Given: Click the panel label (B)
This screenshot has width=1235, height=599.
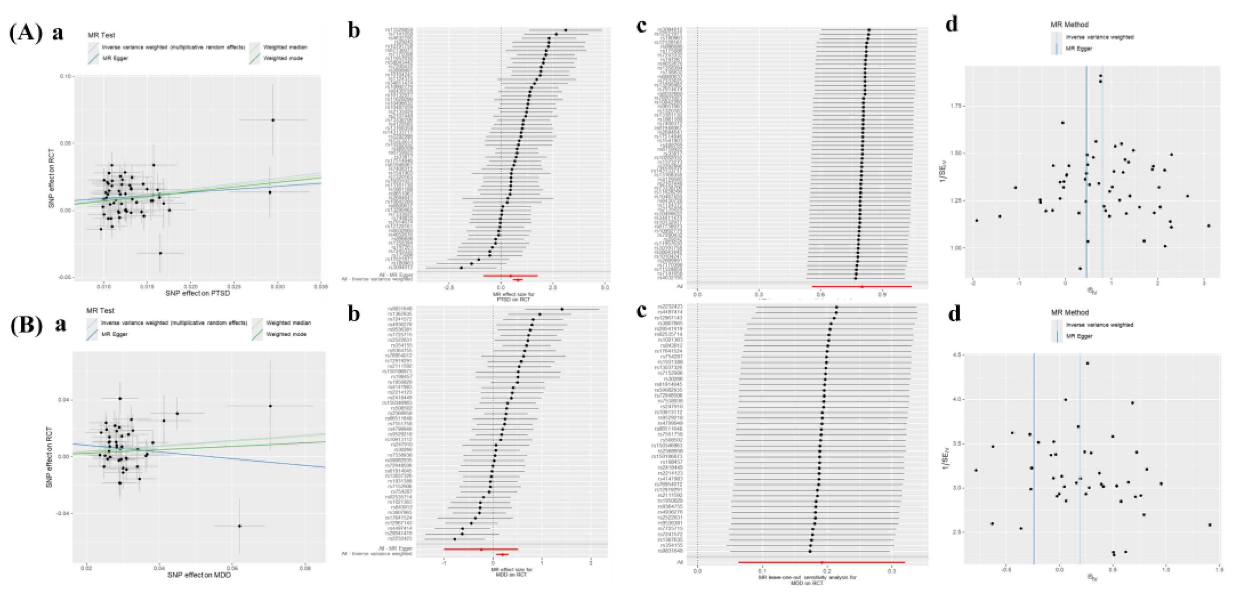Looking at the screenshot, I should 26,325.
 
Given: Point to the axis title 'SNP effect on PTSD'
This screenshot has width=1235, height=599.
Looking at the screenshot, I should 197,293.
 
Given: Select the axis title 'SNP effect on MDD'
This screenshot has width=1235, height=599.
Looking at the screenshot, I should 199,575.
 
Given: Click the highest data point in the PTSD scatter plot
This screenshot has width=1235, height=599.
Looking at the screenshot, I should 273,120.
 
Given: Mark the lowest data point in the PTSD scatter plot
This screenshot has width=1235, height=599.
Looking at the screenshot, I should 160,253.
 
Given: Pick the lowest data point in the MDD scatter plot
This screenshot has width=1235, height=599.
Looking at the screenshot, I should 240,526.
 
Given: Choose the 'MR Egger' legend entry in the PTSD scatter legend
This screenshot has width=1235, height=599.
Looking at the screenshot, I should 115,59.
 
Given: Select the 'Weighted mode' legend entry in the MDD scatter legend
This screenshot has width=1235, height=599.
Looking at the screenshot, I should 286,334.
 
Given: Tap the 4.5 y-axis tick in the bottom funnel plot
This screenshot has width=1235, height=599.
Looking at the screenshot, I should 956,354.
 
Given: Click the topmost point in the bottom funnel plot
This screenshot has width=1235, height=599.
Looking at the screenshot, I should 1087,363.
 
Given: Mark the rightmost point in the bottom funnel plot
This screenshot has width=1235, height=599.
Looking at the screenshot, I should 1210,525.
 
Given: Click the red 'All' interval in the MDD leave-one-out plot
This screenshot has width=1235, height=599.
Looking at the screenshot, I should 821,562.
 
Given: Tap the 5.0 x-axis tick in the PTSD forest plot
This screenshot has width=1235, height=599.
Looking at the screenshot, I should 605,287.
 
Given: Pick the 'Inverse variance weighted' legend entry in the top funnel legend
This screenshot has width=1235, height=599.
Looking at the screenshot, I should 1099,37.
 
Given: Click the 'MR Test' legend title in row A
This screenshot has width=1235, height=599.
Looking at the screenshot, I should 101,35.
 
